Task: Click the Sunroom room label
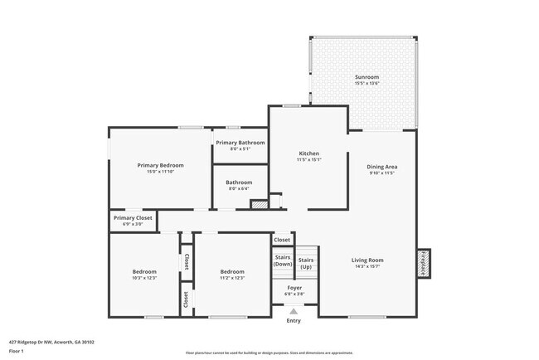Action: click(367, 76)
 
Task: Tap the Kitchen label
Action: click(309, 153)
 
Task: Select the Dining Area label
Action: click(381, 167)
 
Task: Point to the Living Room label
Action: click(367, 260)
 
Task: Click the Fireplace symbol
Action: click(423, 264)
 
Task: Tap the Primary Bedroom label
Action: click(160, 165)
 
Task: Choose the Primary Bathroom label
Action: click(240, 143)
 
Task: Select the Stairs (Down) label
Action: click(283, 260)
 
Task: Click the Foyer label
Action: click(294, 287)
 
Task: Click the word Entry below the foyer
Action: click(294, 320)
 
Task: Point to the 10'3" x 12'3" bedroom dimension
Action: click(144, 278)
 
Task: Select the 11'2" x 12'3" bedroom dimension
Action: click(232, 278)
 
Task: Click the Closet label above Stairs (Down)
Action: click(283, 241)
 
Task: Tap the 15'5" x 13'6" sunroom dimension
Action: click(367, 83)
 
